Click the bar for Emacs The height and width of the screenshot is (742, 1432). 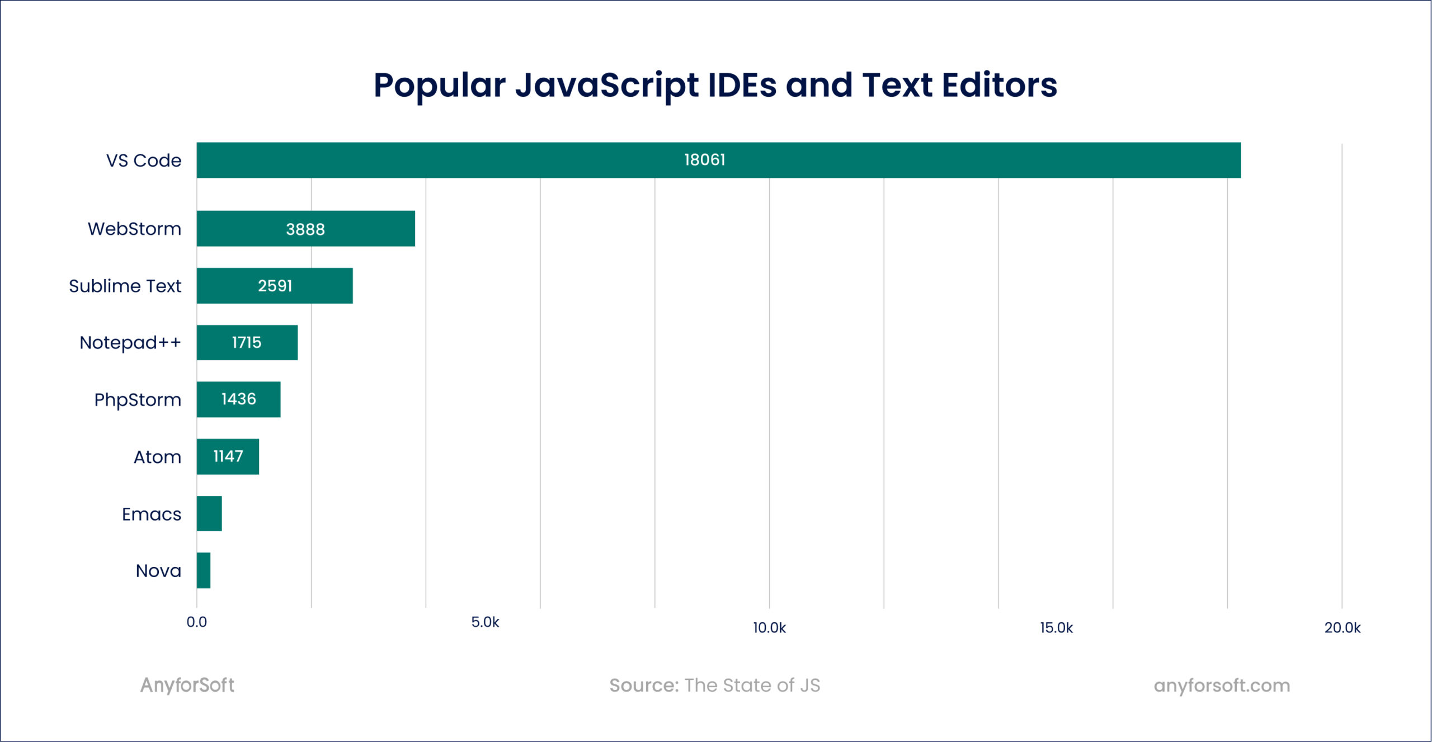(x=209, y=513)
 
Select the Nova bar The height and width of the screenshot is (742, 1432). (x=204, y=570)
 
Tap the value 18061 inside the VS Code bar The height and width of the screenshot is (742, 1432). (x=704, y=160)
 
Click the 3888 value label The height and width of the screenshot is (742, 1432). (x=305, y=229)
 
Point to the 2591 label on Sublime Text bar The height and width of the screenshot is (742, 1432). (x=275, y=286)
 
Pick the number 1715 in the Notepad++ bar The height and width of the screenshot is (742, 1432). (x=246, y=342)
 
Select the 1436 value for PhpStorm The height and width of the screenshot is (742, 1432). (x=238, y=399)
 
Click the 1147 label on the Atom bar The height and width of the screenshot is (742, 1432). (x=228, y=456)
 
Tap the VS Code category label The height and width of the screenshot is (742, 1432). (x=144, y=160)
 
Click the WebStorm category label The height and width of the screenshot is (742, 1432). (x=134, y=229)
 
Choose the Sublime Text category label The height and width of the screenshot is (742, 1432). (x=125, y=286)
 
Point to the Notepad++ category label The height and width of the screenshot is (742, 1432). (x=130, y=342)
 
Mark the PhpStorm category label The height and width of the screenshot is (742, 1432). (x=138, y=400)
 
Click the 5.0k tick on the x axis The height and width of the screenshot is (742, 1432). (x=485, y=622)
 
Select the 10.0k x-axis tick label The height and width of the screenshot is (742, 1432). (x=769, y=628)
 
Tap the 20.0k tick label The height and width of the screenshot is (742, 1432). (x=1342, y=628)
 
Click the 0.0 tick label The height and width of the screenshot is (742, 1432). (x=196, y=622)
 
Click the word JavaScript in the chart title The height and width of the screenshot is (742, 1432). (x=607, y=86)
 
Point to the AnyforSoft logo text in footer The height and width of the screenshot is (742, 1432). (x=187, y=685)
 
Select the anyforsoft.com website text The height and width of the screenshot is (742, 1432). (x=1222, y=685)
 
